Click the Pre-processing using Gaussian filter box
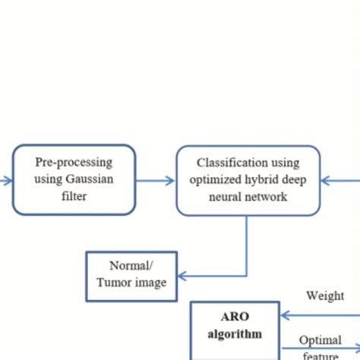(74, 180)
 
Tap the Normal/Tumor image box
(132, 275)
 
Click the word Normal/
(132, 266)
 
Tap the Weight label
(324, 295)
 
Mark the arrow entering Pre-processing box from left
(6, 181)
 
